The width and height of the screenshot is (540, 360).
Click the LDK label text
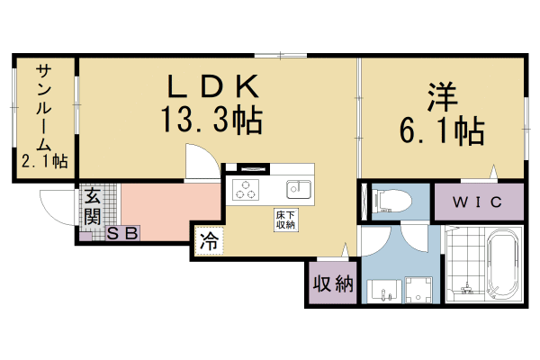point(213,87)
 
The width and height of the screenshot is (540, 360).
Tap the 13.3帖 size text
point(213,120)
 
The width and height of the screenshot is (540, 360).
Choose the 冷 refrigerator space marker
point(208,241)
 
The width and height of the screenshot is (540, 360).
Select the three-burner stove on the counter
point(246,190)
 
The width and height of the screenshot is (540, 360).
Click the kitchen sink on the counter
point(298,190)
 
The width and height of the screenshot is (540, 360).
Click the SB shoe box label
point(122,233)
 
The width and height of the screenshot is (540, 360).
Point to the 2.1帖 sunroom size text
point(45,162)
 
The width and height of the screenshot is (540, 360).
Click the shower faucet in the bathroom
point(466,289)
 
